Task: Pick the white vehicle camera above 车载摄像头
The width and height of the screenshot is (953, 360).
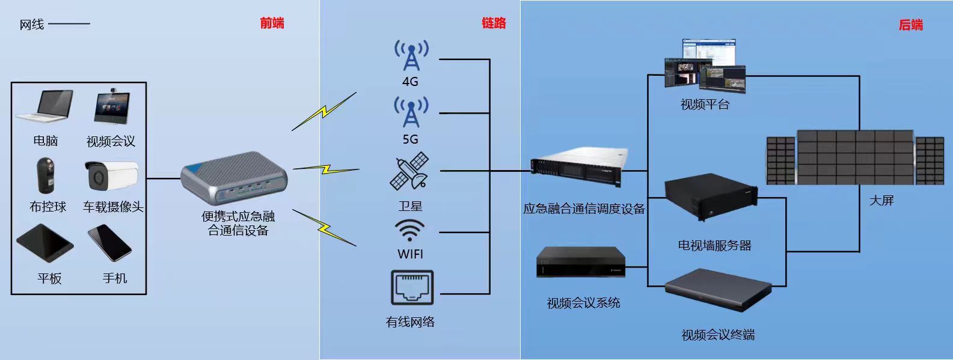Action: [x=111, y=174]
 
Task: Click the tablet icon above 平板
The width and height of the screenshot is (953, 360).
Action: [x=44, y=243]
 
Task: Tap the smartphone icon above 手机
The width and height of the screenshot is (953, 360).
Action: [x=109, y=242]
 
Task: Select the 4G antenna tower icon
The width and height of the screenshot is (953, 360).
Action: [x=411, y=56]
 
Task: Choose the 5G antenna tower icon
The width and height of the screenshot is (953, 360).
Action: [x=411, y=112]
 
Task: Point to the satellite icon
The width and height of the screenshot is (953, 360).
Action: [x=410, y=172]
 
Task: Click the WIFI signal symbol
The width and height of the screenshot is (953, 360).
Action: [x=410, y=231]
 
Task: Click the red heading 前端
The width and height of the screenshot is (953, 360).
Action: [x=272, y=23]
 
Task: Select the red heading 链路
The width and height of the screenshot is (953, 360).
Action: [x=494, y=23]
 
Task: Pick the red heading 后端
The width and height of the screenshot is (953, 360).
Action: [x=910, y=25]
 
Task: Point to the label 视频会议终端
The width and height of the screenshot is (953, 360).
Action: [x=718, y=335]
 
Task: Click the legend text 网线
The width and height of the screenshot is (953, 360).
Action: [x=32, y=25]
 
